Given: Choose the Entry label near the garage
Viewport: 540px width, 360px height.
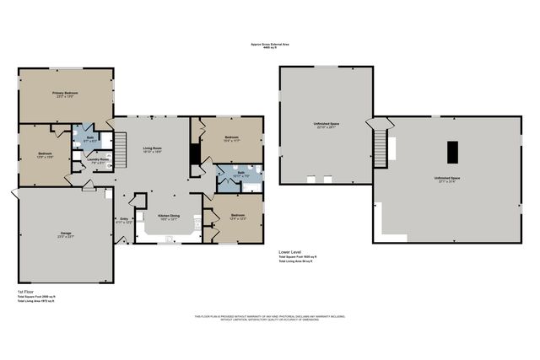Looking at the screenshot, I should (124, 220).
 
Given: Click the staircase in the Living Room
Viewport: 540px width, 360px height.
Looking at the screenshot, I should (120, 157).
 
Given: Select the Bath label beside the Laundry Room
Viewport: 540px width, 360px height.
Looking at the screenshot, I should (89, 137).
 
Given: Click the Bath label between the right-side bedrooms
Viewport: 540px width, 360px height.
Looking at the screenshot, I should (240, 173).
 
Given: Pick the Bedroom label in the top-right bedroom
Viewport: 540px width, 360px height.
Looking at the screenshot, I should (232, 138).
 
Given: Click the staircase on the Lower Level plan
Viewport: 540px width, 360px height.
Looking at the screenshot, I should (389, 149).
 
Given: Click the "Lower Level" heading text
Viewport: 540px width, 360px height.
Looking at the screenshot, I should (290, 252).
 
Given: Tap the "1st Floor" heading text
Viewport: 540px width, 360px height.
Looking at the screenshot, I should (26, 291).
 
